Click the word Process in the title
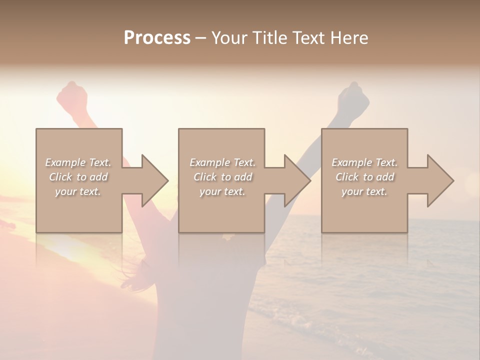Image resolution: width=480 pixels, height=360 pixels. click(x=157, y=38)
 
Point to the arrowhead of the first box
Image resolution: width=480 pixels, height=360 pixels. click(x=155, y=180)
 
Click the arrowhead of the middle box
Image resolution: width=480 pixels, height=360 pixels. click(x=297, y=180)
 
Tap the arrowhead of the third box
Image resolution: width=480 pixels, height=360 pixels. click(x=440, y=180)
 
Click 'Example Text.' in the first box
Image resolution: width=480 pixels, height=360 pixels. click(x=78, y=162)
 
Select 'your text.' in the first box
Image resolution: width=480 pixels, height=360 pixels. click(x=78, y=191)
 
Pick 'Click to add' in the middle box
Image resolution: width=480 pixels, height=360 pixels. click(x=222, y=177)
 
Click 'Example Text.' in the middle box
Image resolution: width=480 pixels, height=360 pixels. click(x=222, y=162)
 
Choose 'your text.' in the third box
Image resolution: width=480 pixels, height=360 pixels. click(x=364, y=191)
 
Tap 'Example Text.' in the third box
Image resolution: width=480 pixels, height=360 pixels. click(x=364, y=162)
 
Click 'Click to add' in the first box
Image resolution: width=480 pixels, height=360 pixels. click(x=78, y=177)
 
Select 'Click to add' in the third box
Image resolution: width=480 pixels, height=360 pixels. click(x=364, y=177)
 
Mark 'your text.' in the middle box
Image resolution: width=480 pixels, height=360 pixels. click(x=222, y=191)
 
